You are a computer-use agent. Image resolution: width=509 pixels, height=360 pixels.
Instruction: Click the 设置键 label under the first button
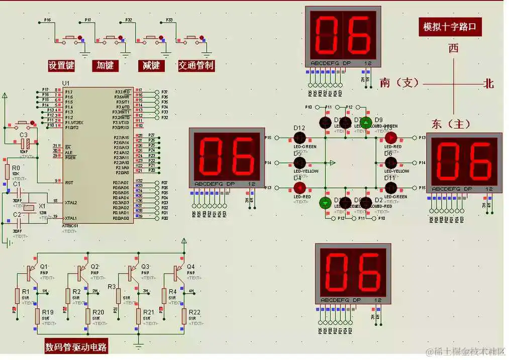(x=61, y=65)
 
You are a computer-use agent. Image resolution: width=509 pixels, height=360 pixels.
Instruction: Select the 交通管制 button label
(x=196, y=65)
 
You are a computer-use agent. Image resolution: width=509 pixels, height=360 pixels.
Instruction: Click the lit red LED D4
(x=299, y=188)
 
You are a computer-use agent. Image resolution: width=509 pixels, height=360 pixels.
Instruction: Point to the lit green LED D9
(x=366, y=122)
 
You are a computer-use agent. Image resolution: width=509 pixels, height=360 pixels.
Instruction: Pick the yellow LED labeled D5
(x=299, y=163)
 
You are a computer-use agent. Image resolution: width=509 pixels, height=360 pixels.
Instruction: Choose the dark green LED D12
(x=299, y=137)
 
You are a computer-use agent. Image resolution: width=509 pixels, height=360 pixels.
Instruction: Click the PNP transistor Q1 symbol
(x=31, y=273)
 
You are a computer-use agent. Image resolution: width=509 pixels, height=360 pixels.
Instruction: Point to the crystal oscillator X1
(x=30, y=207)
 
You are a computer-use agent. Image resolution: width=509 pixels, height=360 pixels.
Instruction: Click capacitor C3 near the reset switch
(x=25, y=143)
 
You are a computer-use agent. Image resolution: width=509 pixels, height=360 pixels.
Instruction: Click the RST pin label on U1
(x=69, y=183)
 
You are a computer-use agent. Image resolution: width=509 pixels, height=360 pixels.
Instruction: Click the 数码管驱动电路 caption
(x=76, y=347)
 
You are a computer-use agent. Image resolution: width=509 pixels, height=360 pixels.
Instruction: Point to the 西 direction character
(x=453, y=48)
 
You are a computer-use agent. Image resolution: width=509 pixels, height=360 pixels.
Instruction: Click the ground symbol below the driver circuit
(x=139, y=345)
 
